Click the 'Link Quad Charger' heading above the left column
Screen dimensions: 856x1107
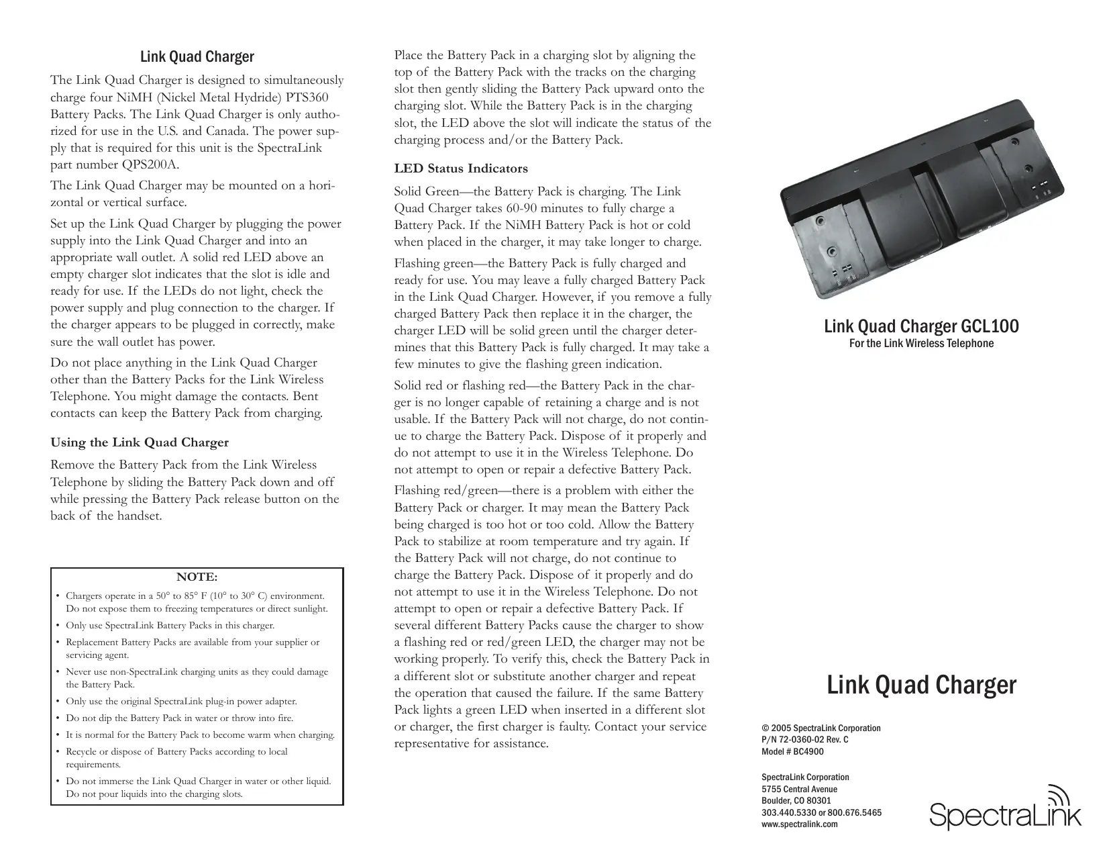(x=197, y=57)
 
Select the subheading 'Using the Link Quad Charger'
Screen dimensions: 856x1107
(x=140, y=442)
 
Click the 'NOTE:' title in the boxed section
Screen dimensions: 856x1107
(x=197, y=577)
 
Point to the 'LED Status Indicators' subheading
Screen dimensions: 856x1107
(x=461, y=169)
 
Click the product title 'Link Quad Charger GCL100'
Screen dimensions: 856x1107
(x=920, y=327)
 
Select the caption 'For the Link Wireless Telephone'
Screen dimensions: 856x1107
(x=920, y=344)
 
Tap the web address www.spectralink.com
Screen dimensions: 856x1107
(x=800, y=824)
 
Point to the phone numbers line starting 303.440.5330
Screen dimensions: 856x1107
(x=821, y=812)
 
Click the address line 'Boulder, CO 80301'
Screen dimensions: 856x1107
(x=796, y=801)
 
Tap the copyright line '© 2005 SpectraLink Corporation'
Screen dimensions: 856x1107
(x=821, y=728)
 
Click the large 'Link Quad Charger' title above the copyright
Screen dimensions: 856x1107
(x=921, y=685)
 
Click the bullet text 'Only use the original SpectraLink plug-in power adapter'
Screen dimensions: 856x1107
(x=181, y=702)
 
